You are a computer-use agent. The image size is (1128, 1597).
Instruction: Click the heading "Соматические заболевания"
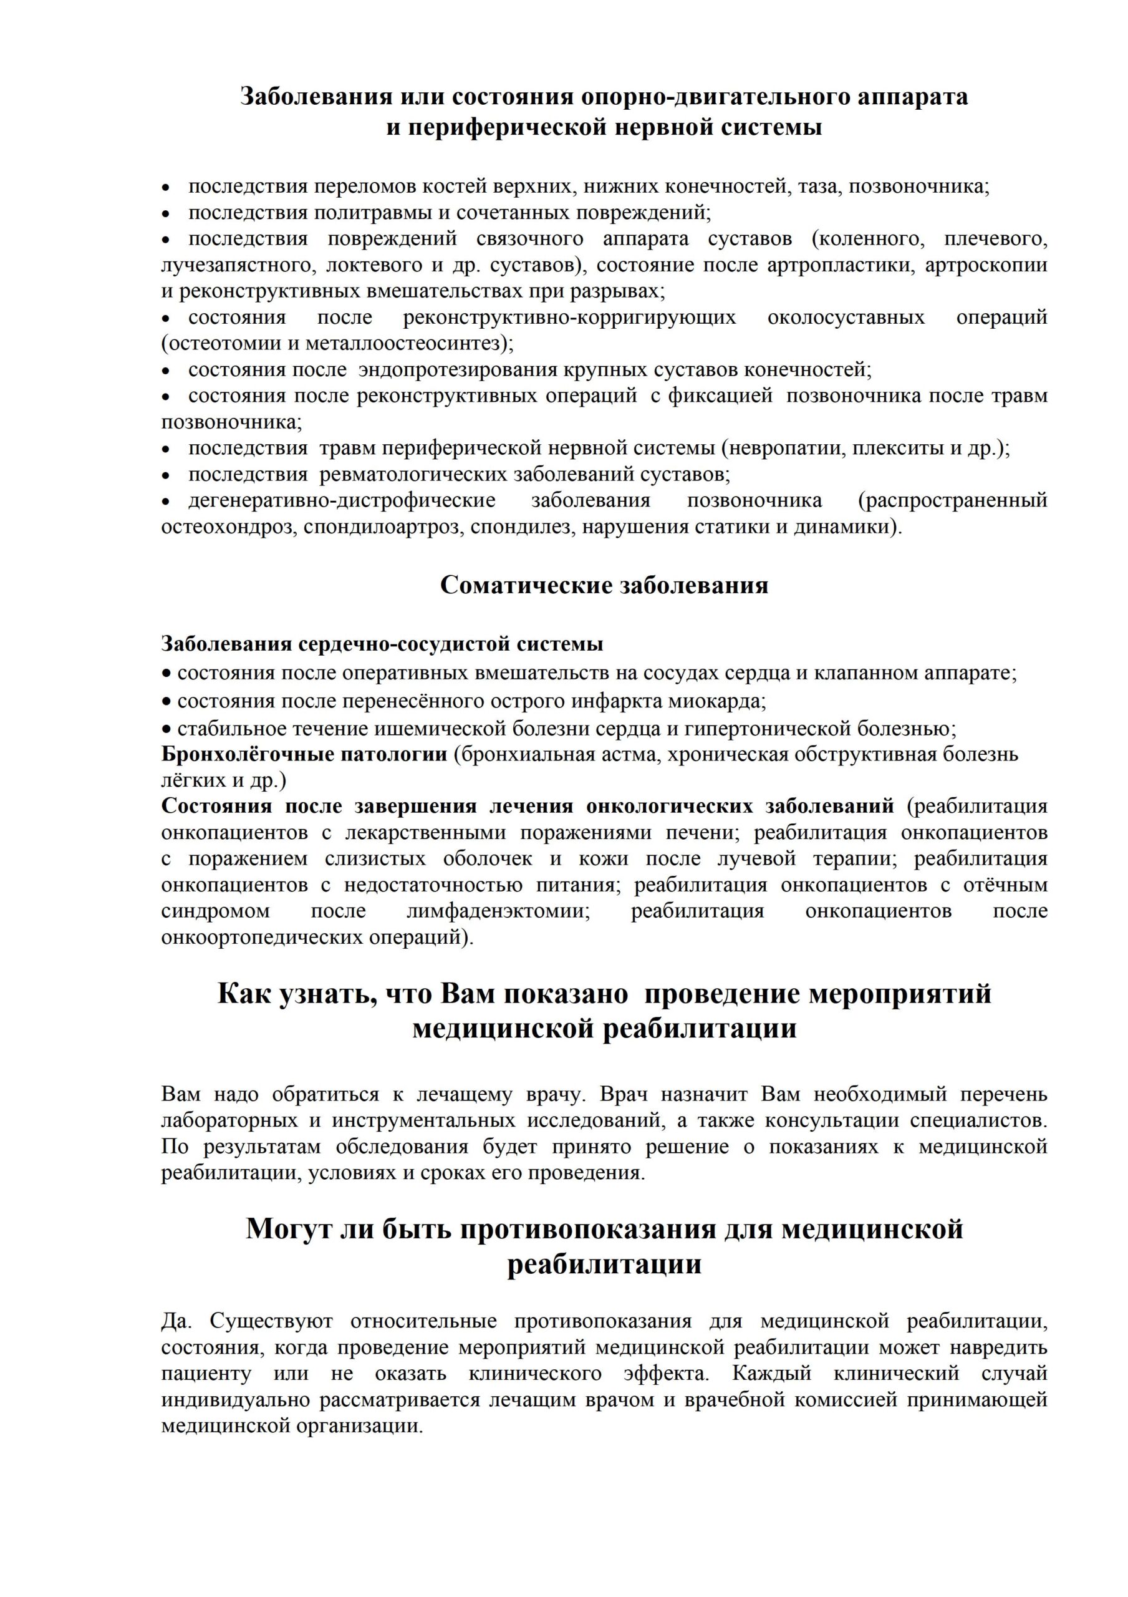pyautogui.click(x=604, y=585)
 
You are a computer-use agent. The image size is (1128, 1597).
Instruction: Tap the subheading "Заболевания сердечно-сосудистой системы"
pyautogui.click(x=382, y=644)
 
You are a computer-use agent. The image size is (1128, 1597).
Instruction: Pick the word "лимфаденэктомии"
pyautogui.click(x=499, y=911)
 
